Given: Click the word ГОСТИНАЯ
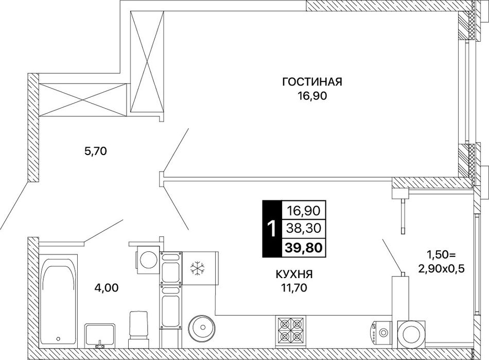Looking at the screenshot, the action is (x=312, y=82).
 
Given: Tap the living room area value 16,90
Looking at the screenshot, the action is (x=312, y=96).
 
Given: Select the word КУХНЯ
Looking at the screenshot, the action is (x=294, y=274).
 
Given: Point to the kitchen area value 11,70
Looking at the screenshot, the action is (x=294, y=288).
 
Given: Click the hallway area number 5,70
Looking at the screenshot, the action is (x=96, y=151).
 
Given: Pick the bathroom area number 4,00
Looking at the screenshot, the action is (x=107, y=287).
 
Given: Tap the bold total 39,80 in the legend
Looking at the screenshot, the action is (x=304, y=248).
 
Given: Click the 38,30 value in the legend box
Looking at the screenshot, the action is (x=304, y=229).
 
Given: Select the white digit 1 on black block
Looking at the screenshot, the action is (x=272, y=229).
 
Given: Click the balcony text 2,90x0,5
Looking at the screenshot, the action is (x=441, y=269).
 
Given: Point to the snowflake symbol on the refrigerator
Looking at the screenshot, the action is (x=197, y=268).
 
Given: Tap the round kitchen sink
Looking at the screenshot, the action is (x=203, y=328).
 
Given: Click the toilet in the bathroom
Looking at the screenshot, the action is (x=138, y=329).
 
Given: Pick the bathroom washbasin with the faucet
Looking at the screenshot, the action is (x=100, y=336).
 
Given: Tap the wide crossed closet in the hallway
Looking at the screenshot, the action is (x=83, y=100).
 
